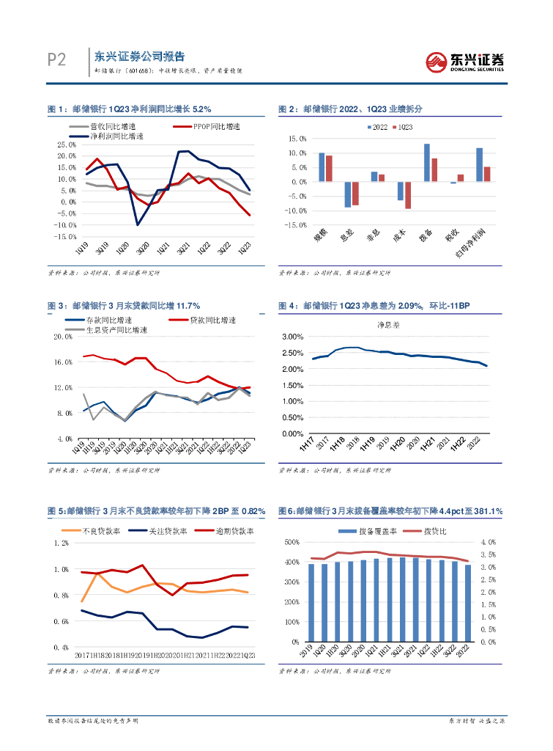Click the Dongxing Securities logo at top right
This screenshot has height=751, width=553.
465,62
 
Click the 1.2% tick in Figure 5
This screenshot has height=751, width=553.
60,543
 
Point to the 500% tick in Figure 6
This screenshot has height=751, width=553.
291,542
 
